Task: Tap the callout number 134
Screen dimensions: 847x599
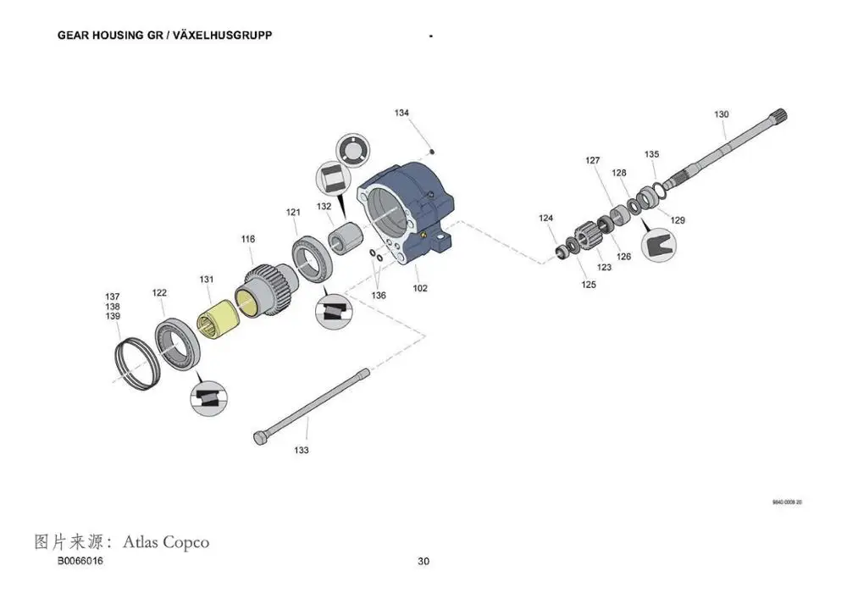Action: (x=401, y=113)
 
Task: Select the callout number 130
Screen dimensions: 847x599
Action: (x=721, y=114)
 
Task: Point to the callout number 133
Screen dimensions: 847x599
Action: (x=302, y=450)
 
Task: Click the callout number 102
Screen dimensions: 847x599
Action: (x=420, y=288)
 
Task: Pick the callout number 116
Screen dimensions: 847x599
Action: (x=247, y=240)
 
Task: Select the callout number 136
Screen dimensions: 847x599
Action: (x=378, y=295)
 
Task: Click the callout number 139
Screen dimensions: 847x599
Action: (x=113, y=316)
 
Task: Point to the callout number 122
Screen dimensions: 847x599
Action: (x=159, y=293)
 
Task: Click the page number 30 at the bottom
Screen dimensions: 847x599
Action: (x=423, y=562)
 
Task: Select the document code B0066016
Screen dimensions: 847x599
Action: (x=80, y=562)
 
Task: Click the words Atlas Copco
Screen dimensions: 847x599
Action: (x=166, y=541)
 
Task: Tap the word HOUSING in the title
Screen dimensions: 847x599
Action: (x=125, y=36)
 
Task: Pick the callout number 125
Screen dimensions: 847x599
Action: (x=589, y=285)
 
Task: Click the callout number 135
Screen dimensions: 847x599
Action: (x=651, y=154)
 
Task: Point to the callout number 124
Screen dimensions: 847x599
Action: (x=546, y=219)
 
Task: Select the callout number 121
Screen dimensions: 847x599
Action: (x=293, y=212)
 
